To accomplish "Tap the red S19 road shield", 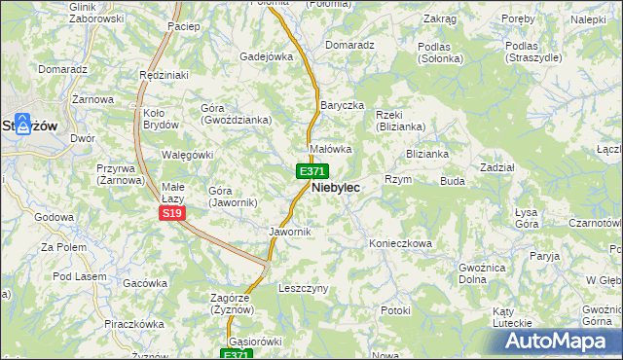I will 171,213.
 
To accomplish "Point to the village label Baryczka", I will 342,104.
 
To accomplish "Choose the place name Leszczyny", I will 304,289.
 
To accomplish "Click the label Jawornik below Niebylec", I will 289,232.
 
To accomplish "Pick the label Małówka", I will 329,149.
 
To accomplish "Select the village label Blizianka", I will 427,154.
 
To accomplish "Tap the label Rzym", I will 398,180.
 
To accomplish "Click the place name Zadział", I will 497,167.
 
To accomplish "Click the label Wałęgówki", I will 187,155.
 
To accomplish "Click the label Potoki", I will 396,310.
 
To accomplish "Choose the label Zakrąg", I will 440,18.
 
